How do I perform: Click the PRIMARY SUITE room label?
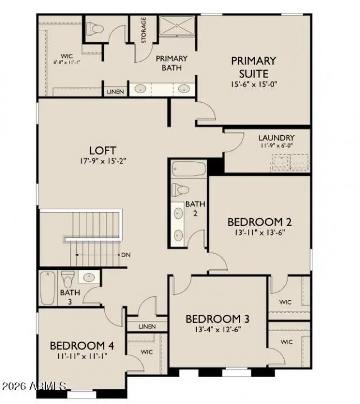(x=253, y=67)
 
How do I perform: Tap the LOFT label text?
(x=103, y=150)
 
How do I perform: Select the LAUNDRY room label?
(x=276, y=137)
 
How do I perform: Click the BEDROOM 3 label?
(x=218, y=319)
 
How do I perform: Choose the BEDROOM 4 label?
(x=77, y=345)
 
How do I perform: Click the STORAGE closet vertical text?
(x=144, y=30)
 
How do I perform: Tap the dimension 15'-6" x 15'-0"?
(x=254, y=84)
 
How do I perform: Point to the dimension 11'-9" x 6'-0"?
(x=276, y=146)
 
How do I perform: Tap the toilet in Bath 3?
(x=68, y=278)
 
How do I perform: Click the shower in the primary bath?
(x=177, y=26)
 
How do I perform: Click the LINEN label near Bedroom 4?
(x=147, y=326)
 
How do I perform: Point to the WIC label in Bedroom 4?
(x=147, y=352)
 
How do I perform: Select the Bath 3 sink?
(x=88, y=277)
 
